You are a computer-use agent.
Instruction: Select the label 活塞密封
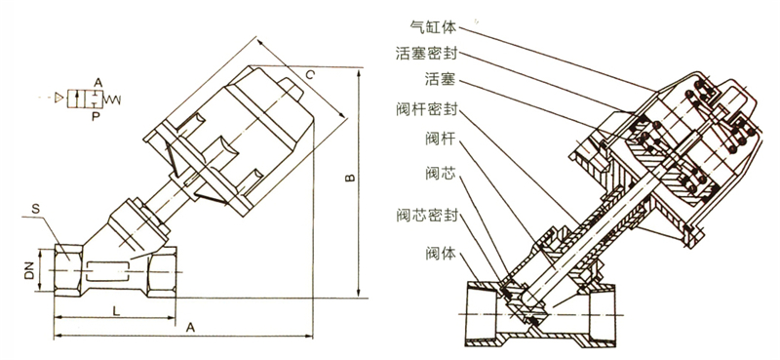(426, 53)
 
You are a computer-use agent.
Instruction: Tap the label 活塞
(441, 79)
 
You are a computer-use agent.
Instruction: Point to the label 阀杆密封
(426, 110)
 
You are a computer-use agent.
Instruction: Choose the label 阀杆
(441, 139)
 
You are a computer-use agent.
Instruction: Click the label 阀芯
(441, 174)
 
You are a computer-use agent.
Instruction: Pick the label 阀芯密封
(426, 215)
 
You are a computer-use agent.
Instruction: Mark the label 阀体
(441, 254)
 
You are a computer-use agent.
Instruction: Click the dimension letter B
(350, 178)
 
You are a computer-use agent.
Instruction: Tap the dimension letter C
(309, 75)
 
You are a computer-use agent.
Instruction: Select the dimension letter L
(115, 311)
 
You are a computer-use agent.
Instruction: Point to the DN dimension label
(29, 270)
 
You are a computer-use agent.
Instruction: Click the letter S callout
(35, 209)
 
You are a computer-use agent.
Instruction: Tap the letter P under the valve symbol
(95, 116)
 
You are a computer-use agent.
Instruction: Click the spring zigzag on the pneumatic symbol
(112, 100)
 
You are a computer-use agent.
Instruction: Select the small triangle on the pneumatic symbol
(59, 98)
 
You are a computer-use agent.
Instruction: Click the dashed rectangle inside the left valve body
(107, 271)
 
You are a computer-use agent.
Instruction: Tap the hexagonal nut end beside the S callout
(68, 270)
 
